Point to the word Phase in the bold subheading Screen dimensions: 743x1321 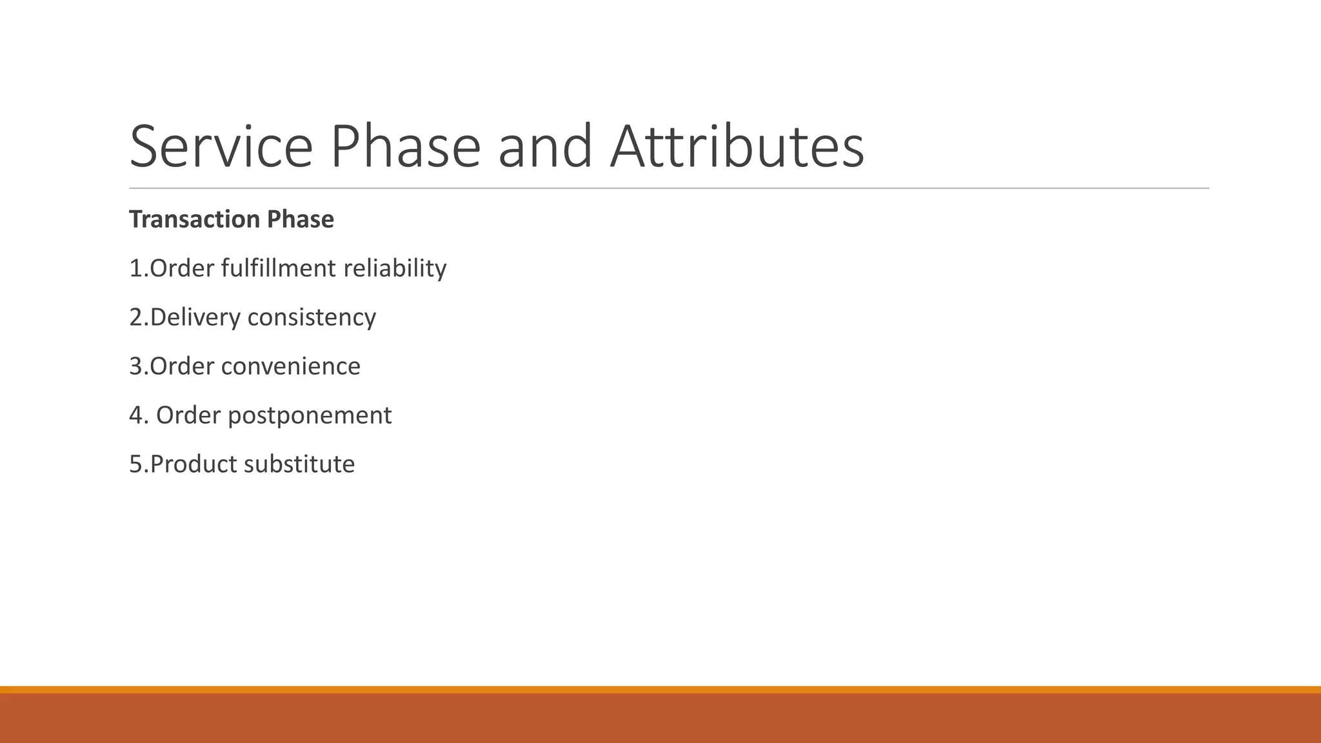click(301, 220)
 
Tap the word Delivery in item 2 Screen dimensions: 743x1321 click(195, 317)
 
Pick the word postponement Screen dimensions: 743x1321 click(310, 415)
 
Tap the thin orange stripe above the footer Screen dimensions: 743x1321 click(660, 689)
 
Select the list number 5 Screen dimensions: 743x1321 click(135, 464)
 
